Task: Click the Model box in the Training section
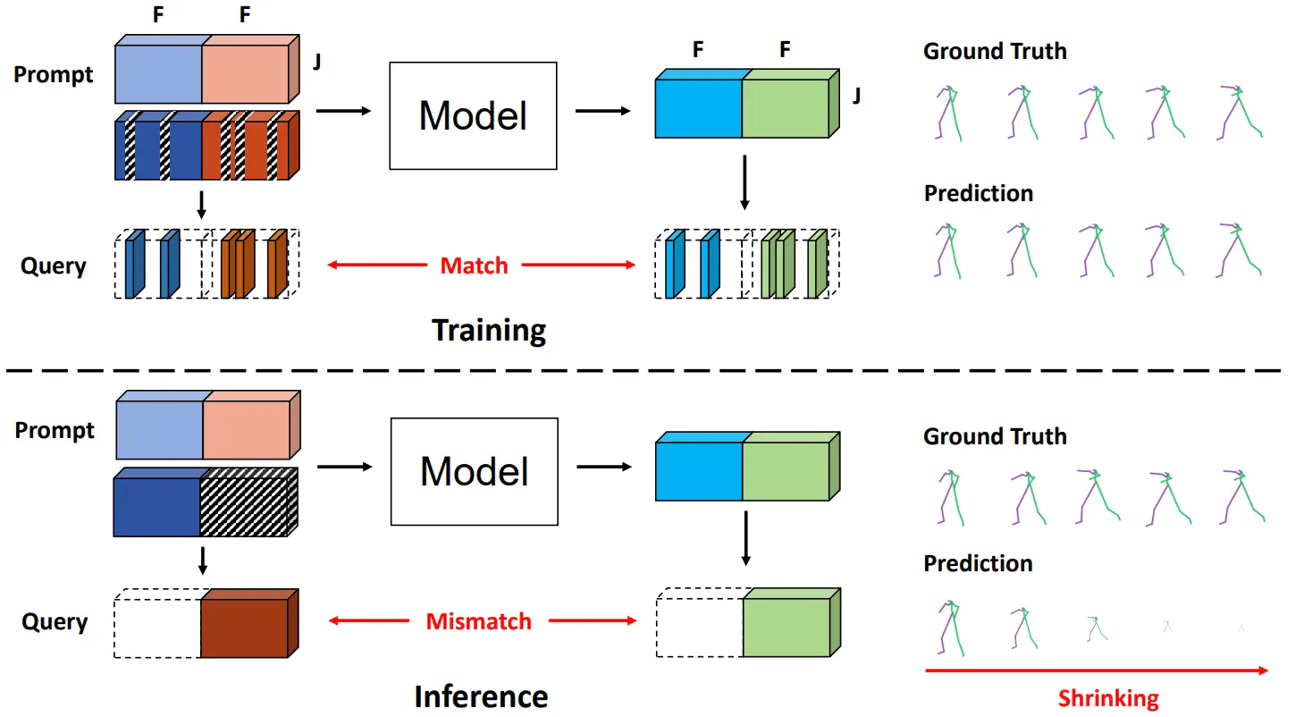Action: pyautogui.click(x=473, y=115)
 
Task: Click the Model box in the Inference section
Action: pyautogui.click(x=475, y=471)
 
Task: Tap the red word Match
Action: pyautogui.click(x=474, y=266)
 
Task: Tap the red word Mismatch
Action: pyautogui.click(x=478, y=621)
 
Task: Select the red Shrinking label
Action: pyautogui.click(x=1108, y=698)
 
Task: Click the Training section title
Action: pyautogui.click(x=489, y=331)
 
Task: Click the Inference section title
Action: pyautogui.click(x=481, y=696)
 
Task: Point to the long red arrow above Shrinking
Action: pyautogui.click(x=1096, y=670)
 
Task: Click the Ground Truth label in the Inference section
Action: pyautogui.click(x=995, y=437)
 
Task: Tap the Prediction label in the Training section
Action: pyautogui.click(x=979, y=193)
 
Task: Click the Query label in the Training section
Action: pyautogui.click(x=53, y=266)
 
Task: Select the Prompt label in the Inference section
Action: pyautogui.click(x=55, y=431)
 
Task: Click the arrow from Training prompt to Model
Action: pyautogui.click(x=343, y=111)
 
